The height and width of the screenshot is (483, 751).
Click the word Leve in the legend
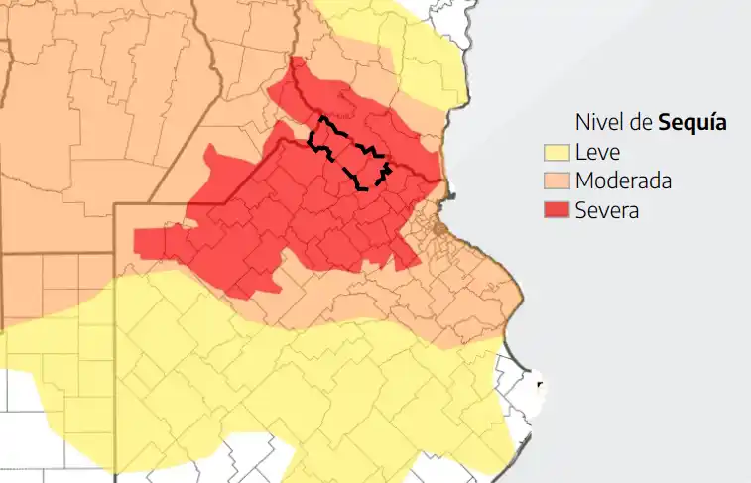tap(597, 153)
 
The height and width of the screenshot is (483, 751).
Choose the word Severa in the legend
tap(607, 210)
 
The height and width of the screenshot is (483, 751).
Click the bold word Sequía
tap(692, 123)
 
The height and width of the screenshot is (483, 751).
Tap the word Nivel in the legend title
tap(596, 123)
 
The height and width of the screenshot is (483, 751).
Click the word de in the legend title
tap(640, 123)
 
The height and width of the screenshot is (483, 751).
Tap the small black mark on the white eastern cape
tap(540, 383)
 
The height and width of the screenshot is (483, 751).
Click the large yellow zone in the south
tap(298, 387)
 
